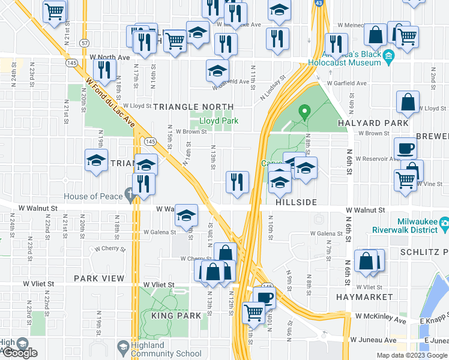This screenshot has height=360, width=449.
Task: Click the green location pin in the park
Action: point(304,112)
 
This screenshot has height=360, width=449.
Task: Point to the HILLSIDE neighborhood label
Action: point(296,202)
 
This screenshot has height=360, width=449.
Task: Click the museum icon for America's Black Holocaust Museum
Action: point(388,58)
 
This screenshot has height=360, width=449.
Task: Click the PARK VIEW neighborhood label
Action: point(99,278)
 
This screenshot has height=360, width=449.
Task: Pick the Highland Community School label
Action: point(158,349)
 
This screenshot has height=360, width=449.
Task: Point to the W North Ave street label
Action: point(110,57)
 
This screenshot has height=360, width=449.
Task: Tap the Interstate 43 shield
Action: point(318,4)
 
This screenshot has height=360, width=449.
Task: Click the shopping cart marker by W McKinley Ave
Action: point(254,311)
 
